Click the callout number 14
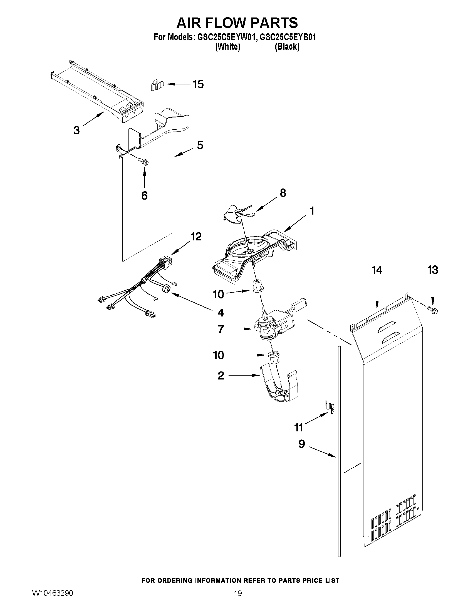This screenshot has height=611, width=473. click(377, 270)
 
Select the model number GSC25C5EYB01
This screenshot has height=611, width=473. click(288, 37)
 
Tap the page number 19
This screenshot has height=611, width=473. click(238, 600)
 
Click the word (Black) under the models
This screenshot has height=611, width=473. click(287, 47)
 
